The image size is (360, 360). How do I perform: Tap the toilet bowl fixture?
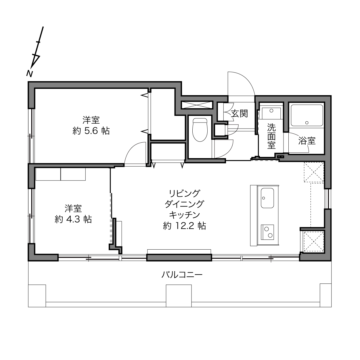click(x=200, y=129)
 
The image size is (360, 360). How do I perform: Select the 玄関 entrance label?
click(x=240, y=114)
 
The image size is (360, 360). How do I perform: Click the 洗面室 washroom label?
click(x=271, y=136)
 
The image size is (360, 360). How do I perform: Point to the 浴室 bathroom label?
click(x=307, y=141)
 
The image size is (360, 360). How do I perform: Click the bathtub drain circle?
click(x=307, y=123)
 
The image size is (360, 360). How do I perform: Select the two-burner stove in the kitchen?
click(x=267, y=232)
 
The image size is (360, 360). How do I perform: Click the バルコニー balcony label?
click(x=182, y=275)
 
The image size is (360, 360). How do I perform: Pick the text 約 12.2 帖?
click(x=185, y=226)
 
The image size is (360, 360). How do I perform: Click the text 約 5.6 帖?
click(x=91, y=131)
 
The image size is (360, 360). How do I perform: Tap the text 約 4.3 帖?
click(x=73, y=219)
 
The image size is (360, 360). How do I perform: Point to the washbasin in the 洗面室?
click(x=271, y=113)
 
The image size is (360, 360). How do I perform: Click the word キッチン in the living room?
click(x=185, y=215)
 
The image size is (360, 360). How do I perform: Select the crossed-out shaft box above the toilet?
click(x=197, y=105)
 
